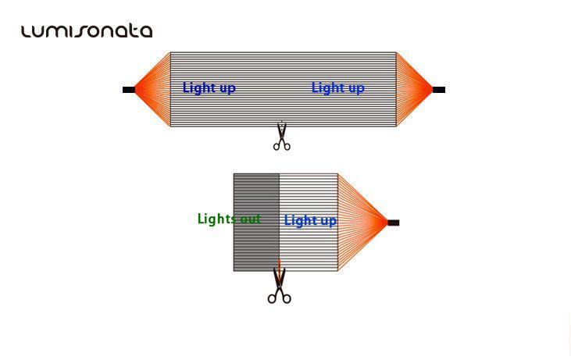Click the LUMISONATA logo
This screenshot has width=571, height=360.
[86, 31]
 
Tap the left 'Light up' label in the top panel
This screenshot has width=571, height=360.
[209, 87]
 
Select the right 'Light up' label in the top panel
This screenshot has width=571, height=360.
[337, 87]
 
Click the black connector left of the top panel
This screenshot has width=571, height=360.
[129, 90]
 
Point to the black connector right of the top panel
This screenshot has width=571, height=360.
[438, 90]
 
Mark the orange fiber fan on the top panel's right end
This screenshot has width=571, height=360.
[413, 89]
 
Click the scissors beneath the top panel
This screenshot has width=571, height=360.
[282, 136]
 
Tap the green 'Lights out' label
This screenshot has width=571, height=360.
[229, 219]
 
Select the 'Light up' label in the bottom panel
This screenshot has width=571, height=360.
[310, 220]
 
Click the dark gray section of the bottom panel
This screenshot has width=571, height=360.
[256, 250]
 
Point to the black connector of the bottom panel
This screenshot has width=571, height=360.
[393, 223]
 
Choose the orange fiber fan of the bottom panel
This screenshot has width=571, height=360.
[362, 223]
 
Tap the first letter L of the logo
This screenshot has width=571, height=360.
[27, 31]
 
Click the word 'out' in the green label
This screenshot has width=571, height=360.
[250, 219]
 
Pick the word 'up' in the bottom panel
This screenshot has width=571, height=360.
[328, 221]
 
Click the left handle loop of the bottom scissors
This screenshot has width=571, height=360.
[273, 297]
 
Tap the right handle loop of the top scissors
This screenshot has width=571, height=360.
[287, 144]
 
